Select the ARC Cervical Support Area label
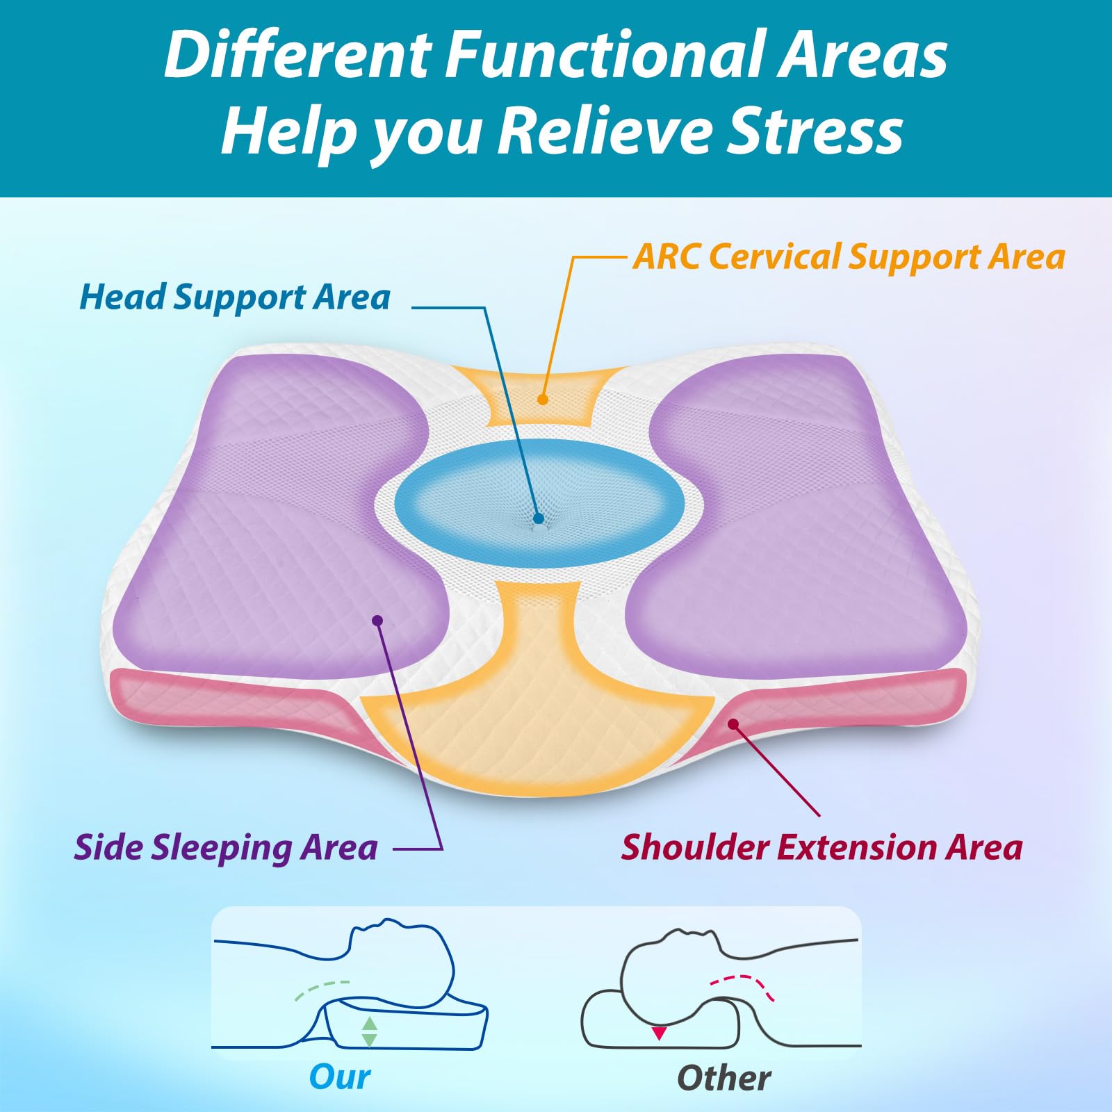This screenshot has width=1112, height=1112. [849, 256]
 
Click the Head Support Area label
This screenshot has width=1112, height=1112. [235, 297]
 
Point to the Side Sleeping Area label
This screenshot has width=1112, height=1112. [226, 847]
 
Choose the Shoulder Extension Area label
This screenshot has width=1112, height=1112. [821, 847]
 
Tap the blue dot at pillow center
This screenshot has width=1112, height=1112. [538, 518]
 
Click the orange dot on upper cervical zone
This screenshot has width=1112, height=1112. [542, 399]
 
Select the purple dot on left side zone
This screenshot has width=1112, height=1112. [377, 620]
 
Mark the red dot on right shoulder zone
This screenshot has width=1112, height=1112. [733, 724]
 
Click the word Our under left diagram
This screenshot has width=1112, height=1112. [340, 1077]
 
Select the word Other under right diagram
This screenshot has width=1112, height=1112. [723, 1078]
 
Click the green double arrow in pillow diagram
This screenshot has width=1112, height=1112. [370, 1032]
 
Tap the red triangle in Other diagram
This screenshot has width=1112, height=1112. [659, 1034]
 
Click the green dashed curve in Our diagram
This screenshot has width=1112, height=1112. [321, 989]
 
